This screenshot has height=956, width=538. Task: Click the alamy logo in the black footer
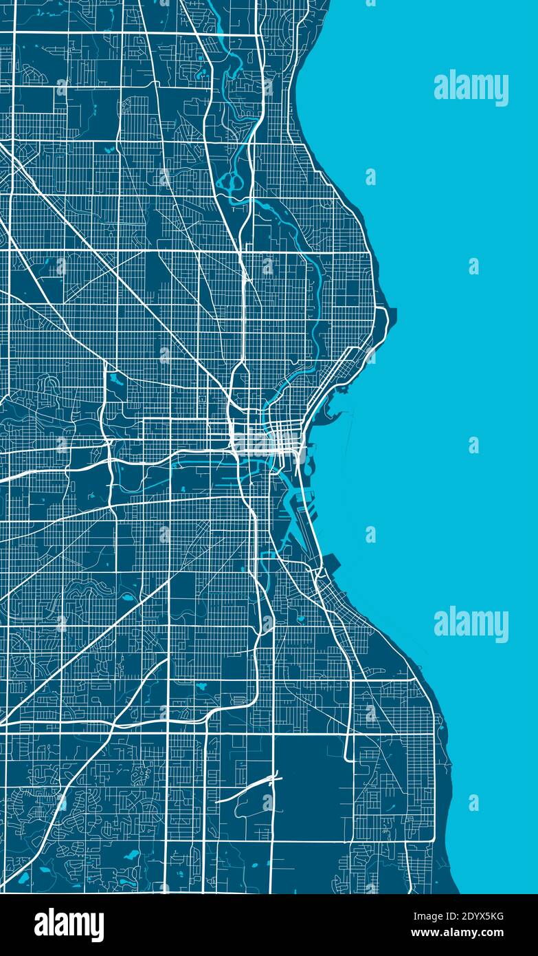(x=69, y=925)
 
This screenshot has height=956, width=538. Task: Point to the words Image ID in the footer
(x=440, y=916)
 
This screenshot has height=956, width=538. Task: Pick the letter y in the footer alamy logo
(x=97, y=928)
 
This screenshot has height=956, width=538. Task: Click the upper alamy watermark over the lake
(x=471, y=88)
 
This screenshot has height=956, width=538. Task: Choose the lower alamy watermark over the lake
(x=471, y=624)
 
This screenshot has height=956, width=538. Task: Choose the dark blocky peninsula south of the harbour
(x=328, y=565)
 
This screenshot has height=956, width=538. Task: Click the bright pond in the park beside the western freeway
(x=114, y=380)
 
